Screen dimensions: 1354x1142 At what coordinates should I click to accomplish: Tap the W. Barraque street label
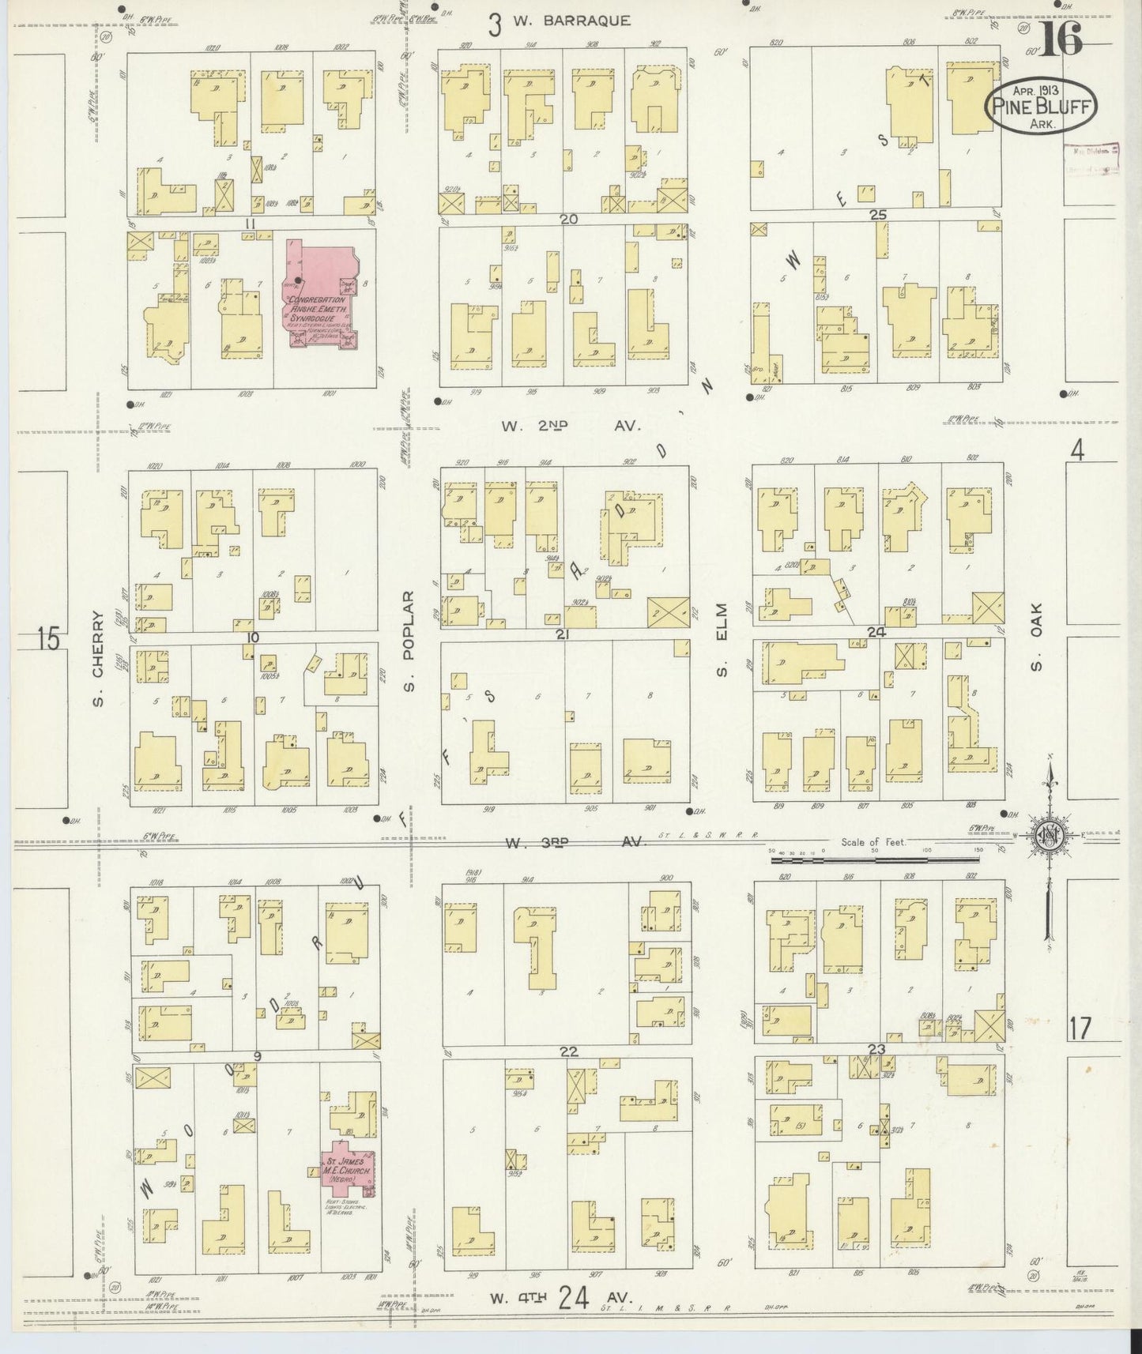[571, 21]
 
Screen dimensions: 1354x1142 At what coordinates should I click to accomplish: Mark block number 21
[562, 634]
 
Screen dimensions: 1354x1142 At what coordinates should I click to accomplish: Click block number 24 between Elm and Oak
[876, 632]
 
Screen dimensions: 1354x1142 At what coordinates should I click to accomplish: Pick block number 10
[252, 637]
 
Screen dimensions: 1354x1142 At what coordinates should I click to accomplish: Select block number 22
[568, 1051]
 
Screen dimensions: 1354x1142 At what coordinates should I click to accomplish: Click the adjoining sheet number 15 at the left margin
[48, 638]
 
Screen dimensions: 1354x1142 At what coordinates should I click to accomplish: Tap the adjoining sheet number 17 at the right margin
[1079, 1029]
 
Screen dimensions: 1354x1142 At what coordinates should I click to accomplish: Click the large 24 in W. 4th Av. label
[571, 1298]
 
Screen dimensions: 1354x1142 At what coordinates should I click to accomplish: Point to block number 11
[251, 224]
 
